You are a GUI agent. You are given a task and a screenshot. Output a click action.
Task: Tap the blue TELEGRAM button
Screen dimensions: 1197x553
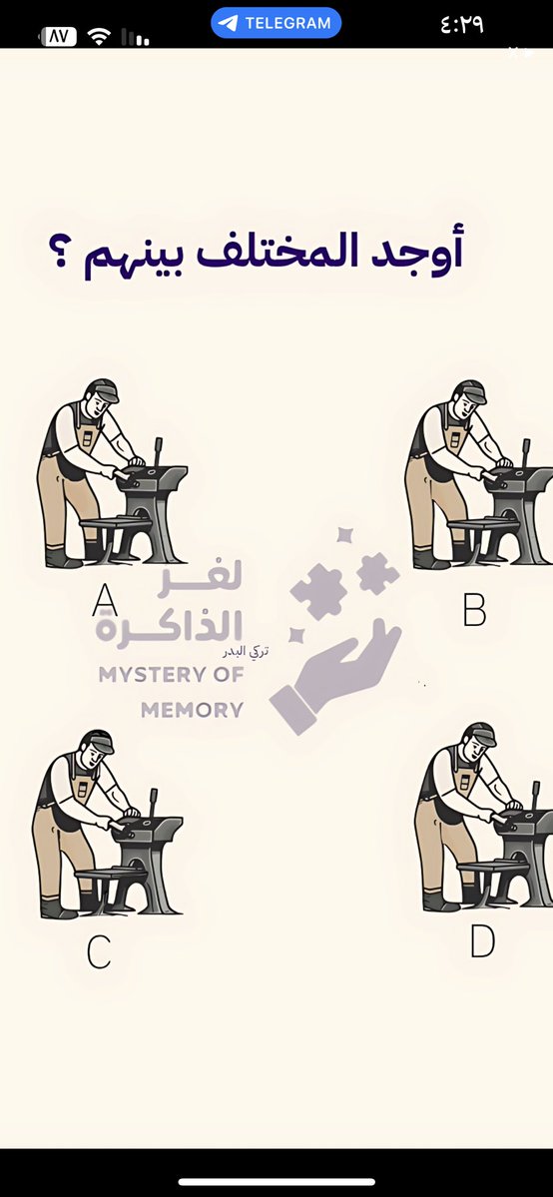[276, 23]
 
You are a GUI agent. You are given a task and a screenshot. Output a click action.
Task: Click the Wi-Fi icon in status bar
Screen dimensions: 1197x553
[99, 37]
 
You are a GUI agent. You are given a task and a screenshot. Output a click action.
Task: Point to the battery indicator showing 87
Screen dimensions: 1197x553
[58, 37]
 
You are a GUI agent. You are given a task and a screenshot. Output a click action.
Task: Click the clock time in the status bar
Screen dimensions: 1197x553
[461, 24]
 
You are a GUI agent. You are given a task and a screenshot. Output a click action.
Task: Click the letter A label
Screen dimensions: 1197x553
[104, 600]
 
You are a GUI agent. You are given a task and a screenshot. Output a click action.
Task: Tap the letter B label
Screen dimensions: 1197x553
[474, 609]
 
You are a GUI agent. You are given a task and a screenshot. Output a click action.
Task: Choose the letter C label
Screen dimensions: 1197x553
[98, 952]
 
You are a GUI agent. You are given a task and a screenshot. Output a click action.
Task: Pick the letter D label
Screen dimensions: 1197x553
[482, 941]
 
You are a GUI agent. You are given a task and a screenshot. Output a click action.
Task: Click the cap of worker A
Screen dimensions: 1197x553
[102, 388]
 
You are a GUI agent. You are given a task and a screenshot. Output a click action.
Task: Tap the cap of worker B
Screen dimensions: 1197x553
[468, 389]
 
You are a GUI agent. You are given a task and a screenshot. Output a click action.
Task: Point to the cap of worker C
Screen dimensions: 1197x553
[97, 740]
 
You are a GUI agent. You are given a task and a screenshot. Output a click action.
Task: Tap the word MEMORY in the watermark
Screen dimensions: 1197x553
[192, 711]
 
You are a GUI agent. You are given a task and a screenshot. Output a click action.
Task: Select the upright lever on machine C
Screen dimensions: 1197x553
[153, 802]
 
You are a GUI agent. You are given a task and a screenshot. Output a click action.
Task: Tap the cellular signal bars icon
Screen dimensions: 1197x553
[136, 38]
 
